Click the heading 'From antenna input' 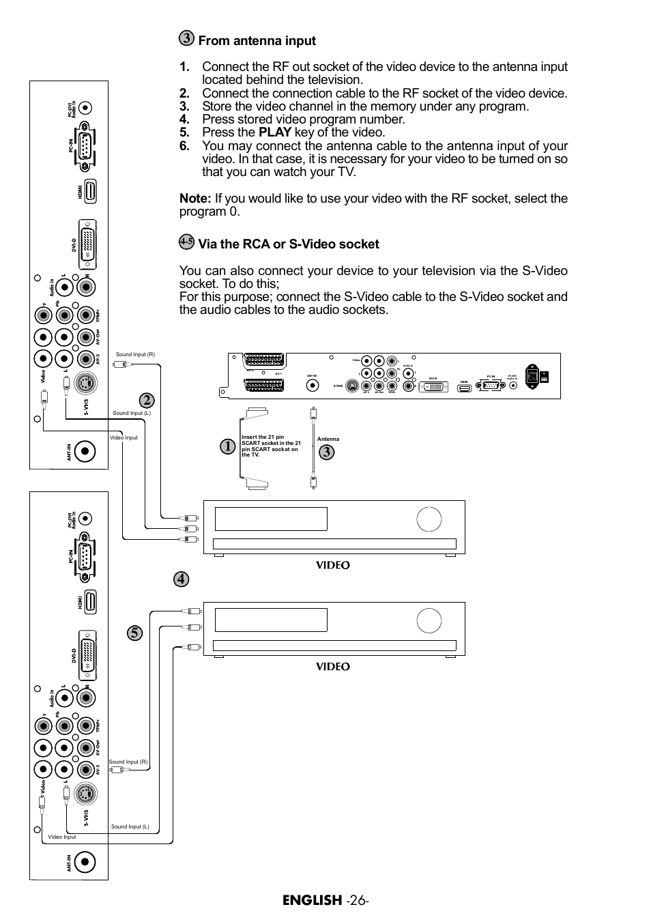tap(257, 41)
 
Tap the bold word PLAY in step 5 tap(275, 132)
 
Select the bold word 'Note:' tap(195, 199)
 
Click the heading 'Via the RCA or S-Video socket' tap(288, 244)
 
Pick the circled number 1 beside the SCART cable tap(228, 446)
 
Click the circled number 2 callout tap(145, 400)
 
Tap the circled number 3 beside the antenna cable tap(327, 452)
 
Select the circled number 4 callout tap(181, 579)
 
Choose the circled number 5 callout tap(135, 633)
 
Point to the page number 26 tap(356, 900)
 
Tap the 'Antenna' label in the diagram tap(328, 439)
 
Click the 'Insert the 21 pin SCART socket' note tap(271, 446)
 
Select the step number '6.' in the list tap(184, 146)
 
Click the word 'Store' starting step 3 tap(217, 106)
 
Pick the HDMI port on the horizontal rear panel tap(465, 388)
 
